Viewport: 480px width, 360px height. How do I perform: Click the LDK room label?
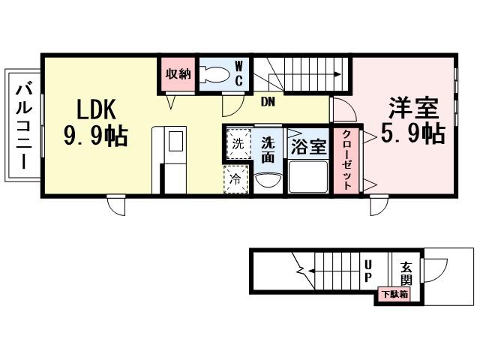click(94, 109)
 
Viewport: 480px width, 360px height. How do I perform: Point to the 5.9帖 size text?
click(412, 134)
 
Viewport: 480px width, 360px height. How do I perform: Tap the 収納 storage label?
click(178, 73)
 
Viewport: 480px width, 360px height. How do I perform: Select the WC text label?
click(238, 74)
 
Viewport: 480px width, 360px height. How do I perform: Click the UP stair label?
click(367, 272)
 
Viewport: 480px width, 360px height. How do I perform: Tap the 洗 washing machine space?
click(237, 144)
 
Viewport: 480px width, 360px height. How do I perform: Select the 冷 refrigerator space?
click(237, 179)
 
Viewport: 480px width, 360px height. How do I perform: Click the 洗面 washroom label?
click(268, 151)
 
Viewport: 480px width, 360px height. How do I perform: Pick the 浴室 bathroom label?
click(308, 145)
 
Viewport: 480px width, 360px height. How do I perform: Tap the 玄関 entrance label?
click(406, 273)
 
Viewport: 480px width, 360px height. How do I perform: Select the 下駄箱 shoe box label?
click(394, 294)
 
